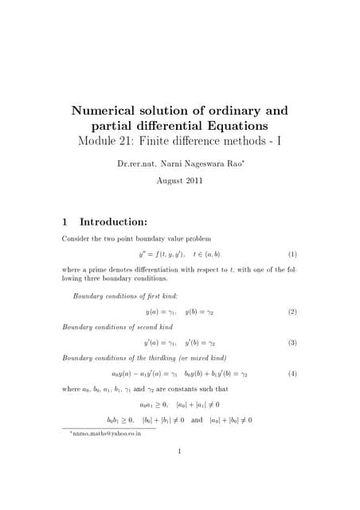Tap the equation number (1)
(x=292, y=254)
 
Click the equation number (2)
(x=292, y=312)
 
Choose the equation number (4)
(x=292, y=373)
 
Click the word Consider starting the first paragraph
(x=75, y=238)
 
